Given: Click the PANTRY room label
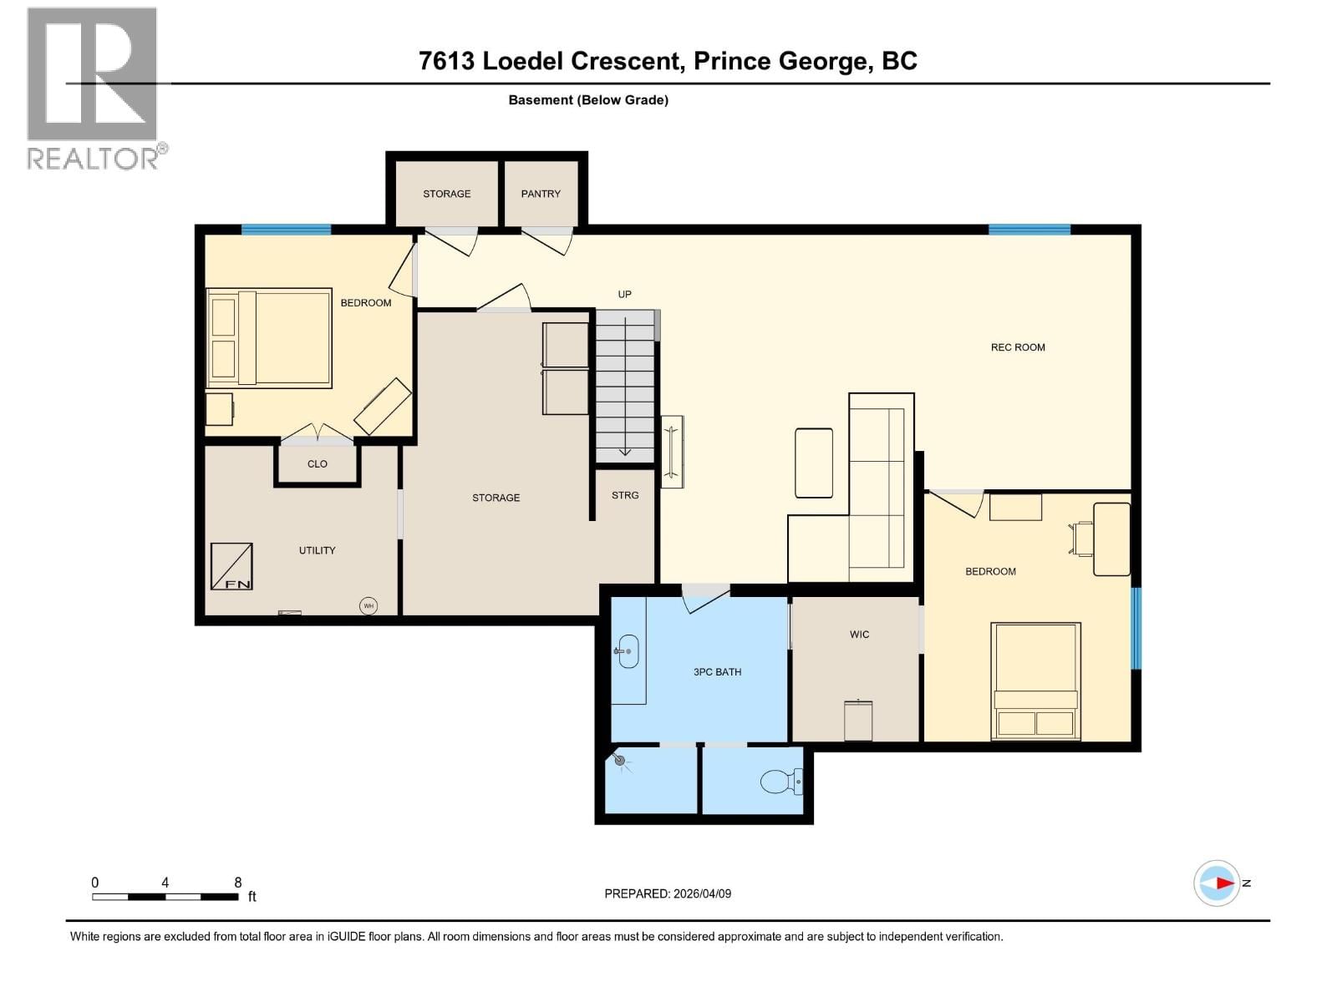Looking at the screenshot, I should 541,194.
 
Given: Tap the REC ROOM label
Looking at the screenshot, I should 1017,347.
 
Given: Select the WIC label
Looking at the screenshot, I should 859,635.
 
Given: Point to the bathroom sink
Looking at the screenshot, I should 628,651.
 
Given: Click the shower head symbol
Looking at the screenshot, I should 619,760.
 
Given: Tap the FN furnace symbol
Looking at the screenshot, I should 231,566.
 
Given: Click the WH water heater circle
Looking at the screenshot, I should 369,605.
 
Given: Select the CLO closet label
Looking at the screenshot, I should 318,464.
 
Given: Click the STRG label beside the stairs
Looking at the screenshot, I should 625,495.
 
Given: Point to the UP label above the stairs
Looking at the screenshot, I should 624,294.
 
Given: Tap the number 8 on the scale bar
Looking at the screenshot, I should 238,883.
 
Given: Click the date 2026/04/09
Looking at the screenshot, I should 702,893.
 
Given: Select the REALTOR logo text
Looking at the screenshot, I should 94,158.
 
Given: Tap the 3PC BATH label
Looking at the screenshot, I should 717,672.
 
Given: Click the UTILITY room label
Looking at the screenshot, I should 317,550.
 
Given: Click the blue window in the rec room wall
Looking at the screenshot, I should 1029,230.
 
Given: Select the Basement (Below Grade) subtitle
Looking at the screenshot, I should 588,100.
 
